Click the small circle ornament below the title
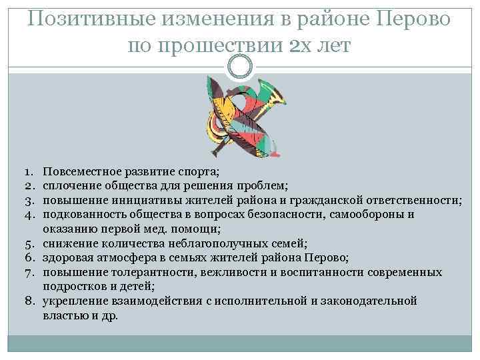click(x=240, y=65)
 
